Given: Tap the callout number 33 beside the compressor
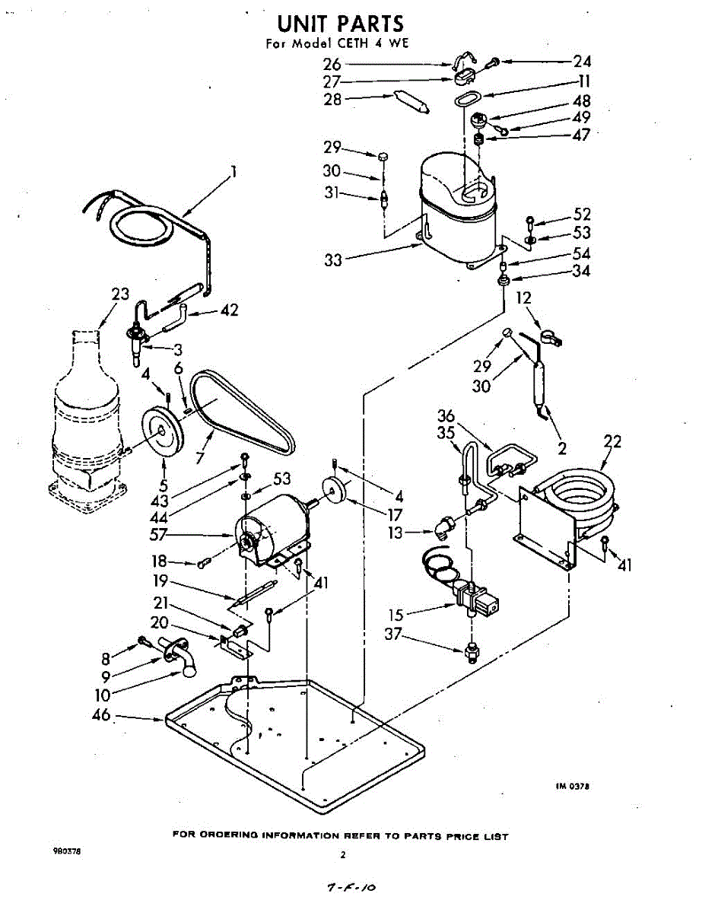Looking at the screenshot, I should (333, 260).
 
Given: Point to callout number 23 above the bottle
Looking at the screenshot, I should (120, 294).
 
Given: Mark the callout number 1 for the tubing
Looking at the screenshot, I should (234, 172).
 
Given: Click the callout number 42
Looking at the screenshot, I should (229, 310).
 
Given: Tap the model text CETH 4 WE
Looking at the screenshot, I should (371, 43).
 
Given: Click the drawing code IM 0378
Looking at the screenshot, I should (572, 787).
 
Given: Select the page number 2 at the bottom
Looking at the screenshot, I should (343, 855).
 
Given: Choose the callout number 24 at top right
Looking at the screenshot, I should (582, 62).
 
